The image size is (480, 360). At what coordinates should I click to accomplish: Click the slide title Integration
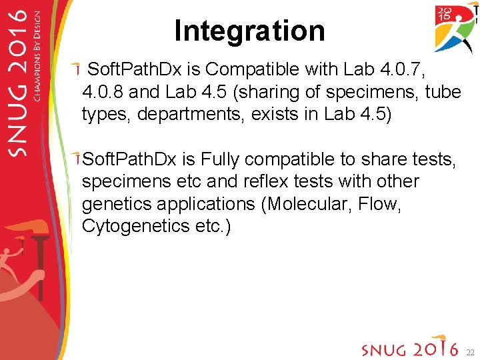[249, 31]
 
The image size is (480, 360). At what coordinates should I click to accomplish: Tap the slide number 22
[469, 351]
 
